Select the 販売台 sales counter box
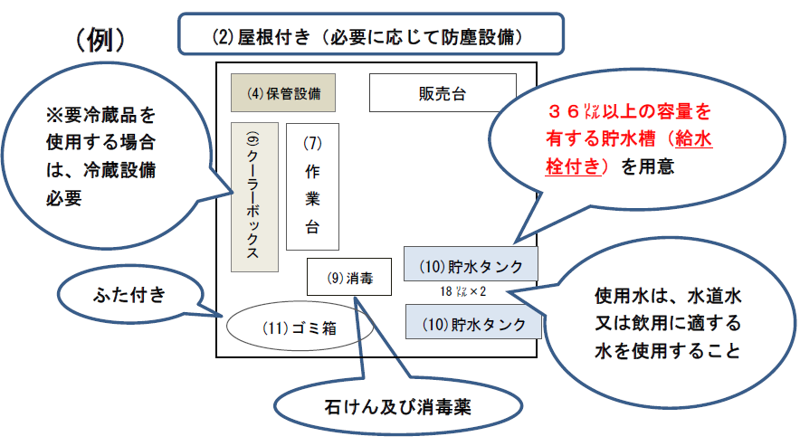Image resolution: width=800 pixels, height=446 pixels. coord(443,93)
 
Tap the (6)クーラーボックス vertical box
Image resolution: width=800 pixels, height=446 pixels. coord(253,196)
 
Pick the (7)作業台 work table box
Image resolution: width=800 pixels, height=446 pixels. coord(312,186)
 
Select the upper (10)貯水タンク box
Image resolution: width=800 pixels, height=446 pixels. coord(471,266)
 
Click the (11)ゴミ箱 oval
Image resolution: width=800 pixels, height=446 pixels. coord(300,328)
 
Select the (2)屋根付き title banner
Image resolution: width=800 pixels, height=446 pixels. coord(371,37)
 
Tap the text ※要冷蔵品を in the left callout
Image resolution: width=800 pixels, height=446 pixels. coord(100,116)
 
